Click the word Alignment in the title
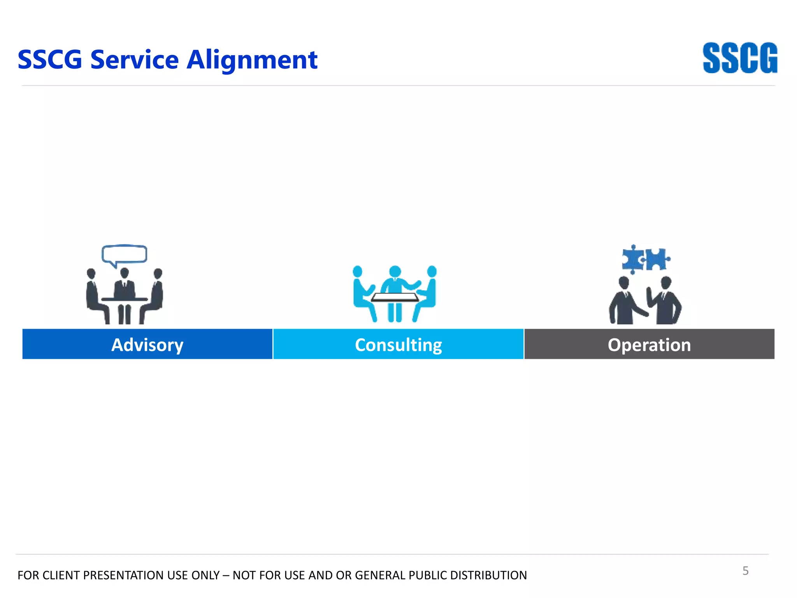(x=252, y=60)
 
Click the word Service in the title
(x=134, y=60)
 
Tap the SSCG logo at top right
(x=740, y=58)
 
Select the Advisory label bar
(x=147, y=345)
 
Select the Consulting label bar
(x=398, y=345)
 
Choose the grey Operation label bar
(x=649, y=345)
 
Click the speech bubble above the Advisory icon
(x=125, y=254)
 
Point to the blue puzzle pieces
(x=645, y=259)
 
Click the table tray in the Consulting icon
(x=395, y=298)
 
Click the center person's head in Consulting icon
(x=395, y=271)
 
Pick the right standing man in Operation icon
(x=666, y=302)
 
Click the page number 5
(x=745, y=571)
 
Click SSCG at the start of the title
(x=50, y=60)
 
